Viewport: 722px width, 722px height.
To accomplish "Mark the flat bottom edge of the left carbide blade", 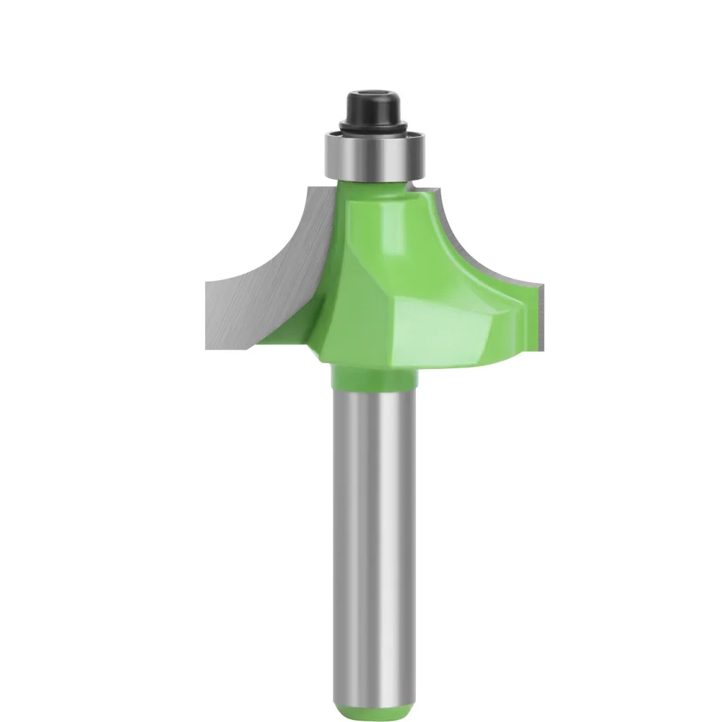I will tap(231, 347).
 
